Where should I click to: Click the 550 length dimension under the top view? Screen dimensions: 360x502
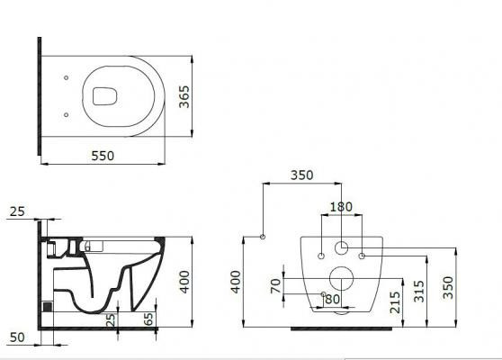click(x=103, y=156)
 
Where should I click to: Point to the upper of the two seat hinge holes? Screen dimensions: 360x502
click(x=68, y=78)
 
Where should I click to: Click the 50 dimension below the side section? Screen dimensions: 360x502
click(x=17, y=337)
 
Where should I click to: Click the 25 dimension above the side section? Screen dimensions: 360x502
click(x=16, y=211)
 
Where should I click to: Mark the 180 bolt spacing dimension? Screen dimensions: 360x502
click(x=341, y=207)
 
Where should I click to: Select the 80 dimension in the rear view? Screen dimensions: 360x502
click(x=331, y=298)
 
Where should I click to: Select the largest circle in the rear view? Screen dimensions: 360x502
click(x=341, y=279)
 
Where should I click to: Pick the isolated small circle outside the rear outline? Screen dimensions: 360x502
click(x=262, y=237)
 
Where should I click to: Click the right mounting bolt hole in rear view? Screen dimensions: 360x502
click(x=362, y=256)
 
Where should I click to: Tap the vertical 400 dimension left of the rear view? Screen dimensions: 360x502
click(x=236, y=283)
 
